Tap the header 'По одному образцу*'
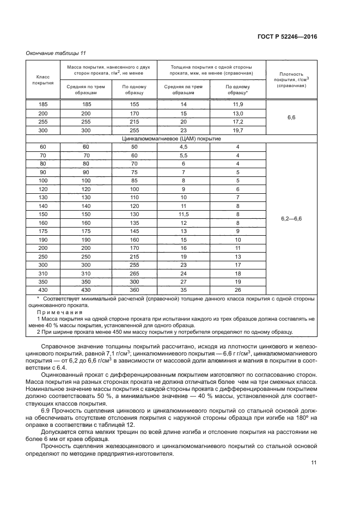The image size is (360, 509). [237, 89]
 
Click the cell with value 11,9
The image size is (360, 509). [237, 103]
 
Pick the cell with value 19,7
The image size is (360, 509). [237, 131]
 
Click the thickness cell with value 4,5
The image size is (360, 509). [184, 147]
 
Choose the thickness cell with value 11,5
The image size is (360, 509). [184, 214]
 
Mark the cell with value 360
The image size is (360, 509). [134, 290]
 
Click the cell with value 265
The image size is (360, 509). [134, 273]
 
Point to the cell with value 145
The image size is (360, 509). [134, 231]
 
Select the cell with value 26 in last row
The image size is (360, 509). [237, 290]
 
